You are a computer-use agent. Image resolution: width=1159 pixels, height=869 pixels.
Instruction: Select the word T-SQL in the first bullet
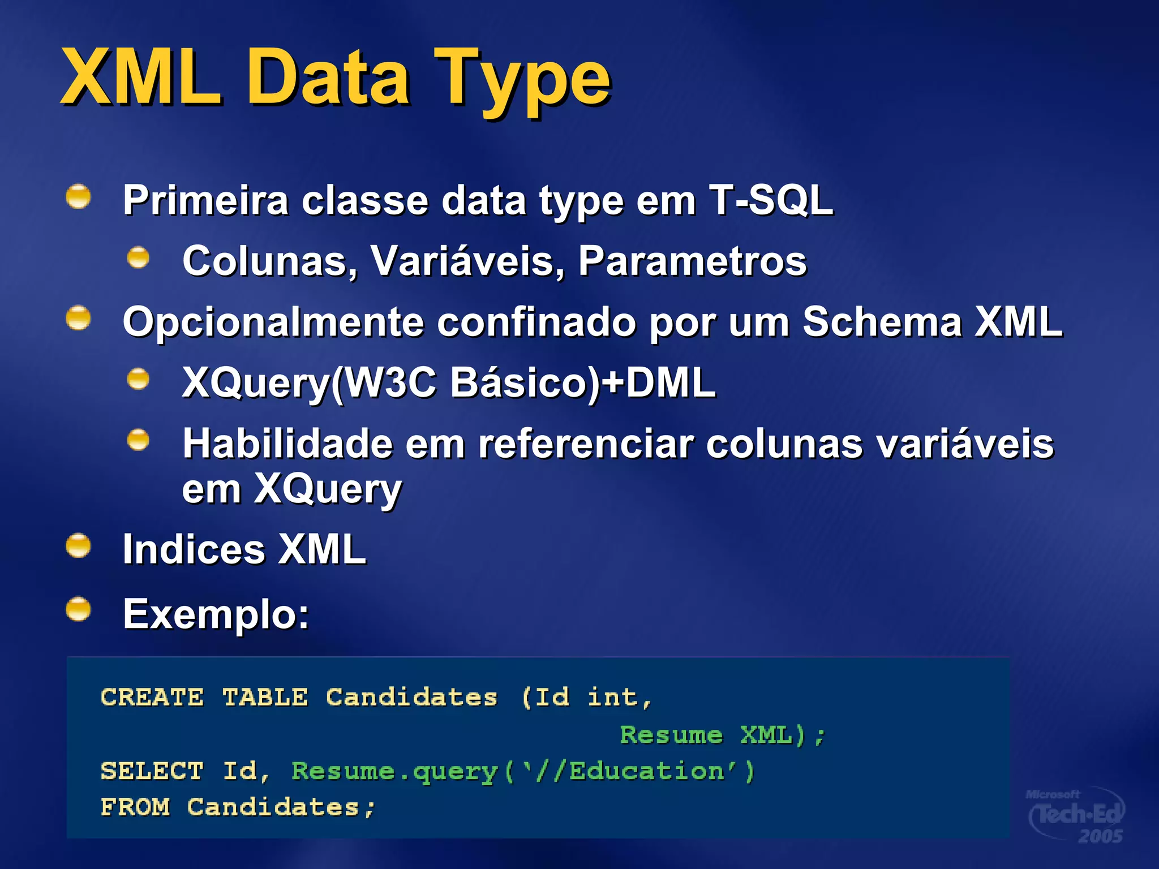[x=771, y=200]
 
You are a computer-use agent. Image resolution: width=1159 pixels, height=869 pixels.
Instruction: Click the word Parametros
[x=692, y=261]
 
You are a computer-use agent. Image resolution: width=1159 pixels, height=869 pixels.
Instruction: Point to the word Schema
[x=882, y=322]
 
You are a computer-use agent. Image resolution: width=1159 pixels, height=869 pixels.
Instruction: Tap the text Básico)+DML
[x=583, y=383]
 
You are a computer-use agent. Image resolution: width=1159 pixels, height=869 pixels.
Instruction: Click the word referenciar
[x=585, y=444]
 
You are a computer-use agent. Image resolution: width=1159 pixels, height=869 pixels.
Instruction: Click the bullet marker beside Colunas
[x=138, y=258]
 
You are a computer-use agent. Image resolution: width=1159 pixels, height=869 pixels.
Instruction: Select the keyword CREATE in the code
[x=152, y=697]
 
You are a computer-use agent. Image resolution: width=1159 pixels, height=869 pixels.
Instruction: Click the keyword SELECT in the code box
[x=152, y=771]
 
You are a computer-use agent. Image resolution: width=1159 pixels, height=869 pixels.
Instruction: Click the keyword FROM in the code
[x=135, y=807]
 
